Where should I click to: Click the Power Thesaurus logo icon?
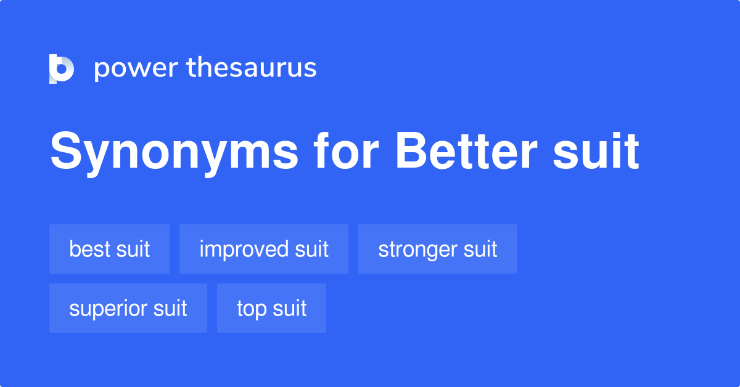pos(62,68)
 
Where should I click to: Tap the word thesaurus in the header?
pos(252,68)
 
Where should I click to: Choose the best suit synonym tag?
pos(109,249)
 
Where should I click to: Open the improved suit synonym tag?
pos(263,249)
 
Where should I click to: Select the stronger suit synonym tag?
pos(437,249)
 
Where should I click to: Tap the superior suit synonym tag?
pos(128,308)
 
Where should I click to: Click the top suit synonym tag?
pos(271,308)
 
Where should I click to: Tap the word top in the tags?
pos(251,309)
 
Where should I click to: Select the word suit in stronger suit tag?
pos(481,249)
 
